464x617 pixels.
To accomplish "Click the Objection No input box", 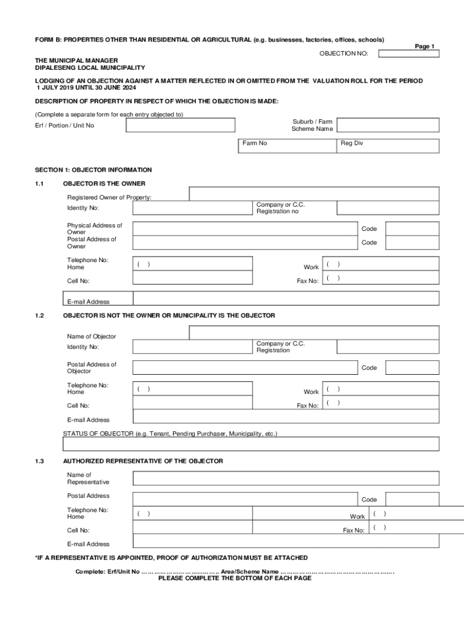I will click(x=409, y=54).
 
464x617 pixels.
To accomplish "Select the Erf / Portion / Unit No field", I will click(x=180, y=125).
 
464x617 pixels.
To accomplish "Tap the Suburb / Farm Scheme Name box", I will click(x=387, y=125).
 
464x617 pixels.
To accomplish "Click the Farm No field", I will click(x=287, y=145).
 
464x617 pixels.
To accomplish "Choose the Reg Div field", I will click(x=387, y=145).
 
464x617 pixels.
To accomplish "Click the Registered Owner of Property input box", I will click(x=314, y=193).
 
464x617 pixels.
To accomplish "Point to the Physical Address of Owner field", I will click(x=245, y=228).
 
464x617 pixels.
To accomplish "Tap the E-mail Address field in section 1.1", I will click(x=286, y=298).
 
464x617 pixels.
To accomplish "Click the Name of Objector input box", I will click(x=314, y=333).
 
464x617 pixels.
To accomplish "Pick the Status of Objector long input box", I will click(x=251, y=444).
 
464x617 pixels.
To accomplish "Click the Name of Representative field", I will click(x=286, y=478).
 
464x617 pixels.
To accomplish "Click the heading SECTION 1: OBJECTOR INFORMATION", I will click(x=93, y=170).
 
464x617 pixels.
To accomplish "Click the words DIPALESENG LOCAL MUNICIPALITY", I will click(x=90, y=68).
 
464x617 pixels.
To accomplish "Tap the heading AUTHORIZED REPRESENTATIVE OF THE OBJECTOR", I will click(x=143, y=461).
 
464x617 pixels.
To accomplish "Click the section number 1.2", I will click(x=40, y=316).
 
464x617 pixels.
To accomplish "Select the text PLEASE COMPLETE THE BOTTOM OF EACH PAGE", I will click(x=234, y=578).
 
